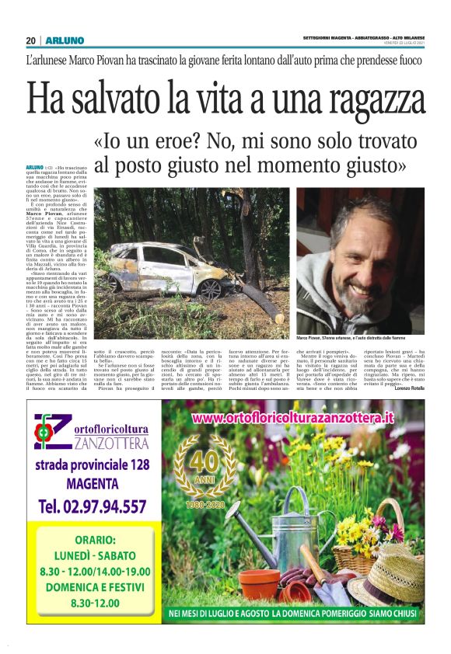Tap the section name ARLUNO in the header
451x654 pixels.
(60, 40)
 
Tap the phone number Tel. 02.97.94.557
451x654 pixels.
(92, 506)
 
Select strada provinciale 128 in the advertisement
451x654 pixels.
(92, 465)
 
